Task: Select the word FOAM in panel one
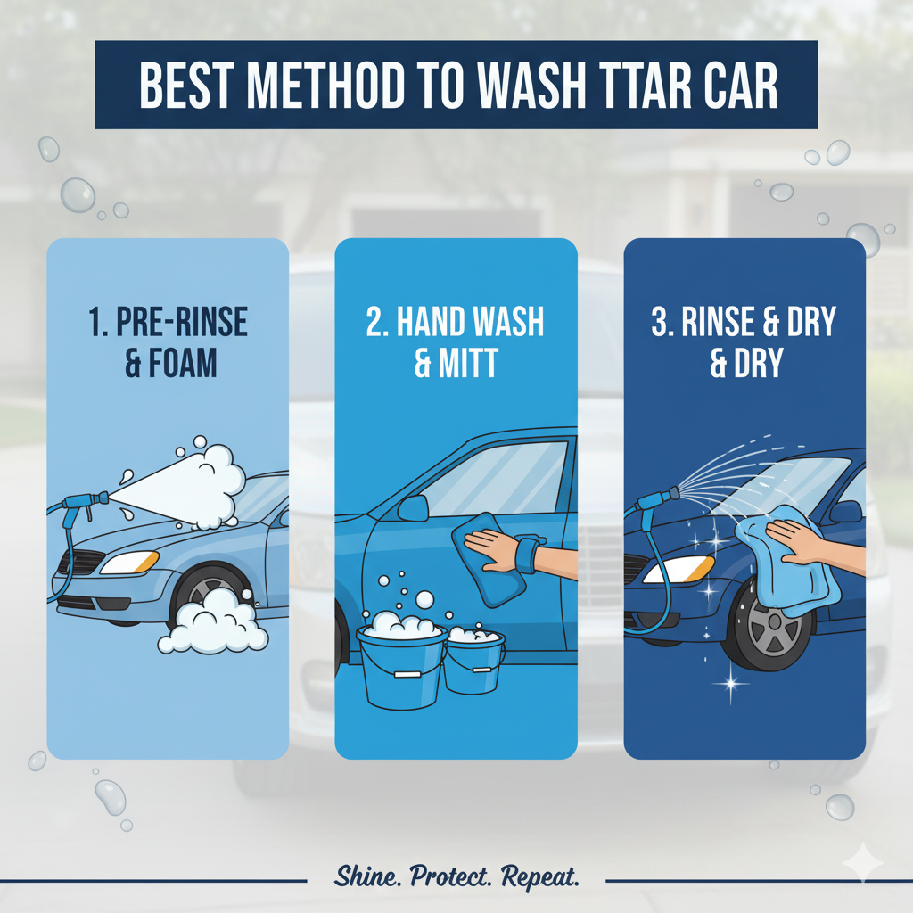[183, 363]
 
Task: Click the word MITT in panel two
[468, 363]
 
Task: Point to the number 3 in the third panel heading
[661, 321]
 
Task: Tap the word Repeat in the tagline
[539, 877]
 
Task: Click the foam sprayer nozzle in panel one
[86, 501]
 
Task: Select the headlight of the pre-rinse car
[129, 563]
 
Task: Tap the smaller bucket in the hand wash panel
[474, 661]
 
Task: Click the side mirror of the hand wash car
[413, 509]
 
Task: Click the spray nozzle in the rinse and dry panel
[659, 500]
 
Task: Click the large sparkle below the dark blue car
[731, 682]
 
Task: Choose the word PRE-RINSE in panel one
[182, 321]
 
